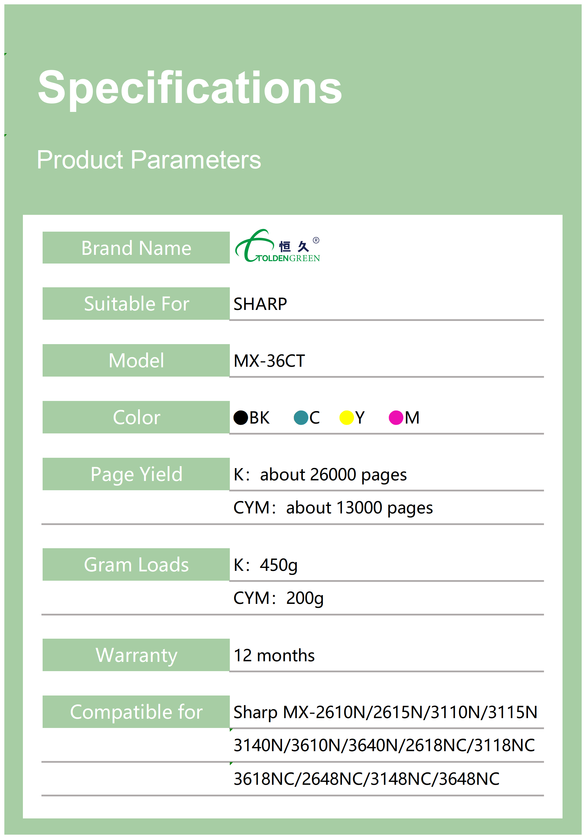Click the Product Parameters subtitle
coord(149,160)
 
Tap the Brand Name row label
coord(136,248)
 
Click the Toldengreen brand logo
coord(278,246)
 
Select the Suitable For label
coord(137,304)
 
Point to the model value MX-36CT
coord(269,361)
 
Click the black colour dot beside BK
coord(241,418)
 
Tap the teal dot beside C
coord(301,418)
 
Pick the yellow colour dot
coord(347,418)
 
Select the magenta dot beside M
coord(396,418)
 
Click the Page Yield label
coord(136,475)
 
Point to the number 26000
coord(333,474)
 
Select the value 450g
coord(279,565)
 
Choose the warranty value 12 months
coord(274,655)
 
